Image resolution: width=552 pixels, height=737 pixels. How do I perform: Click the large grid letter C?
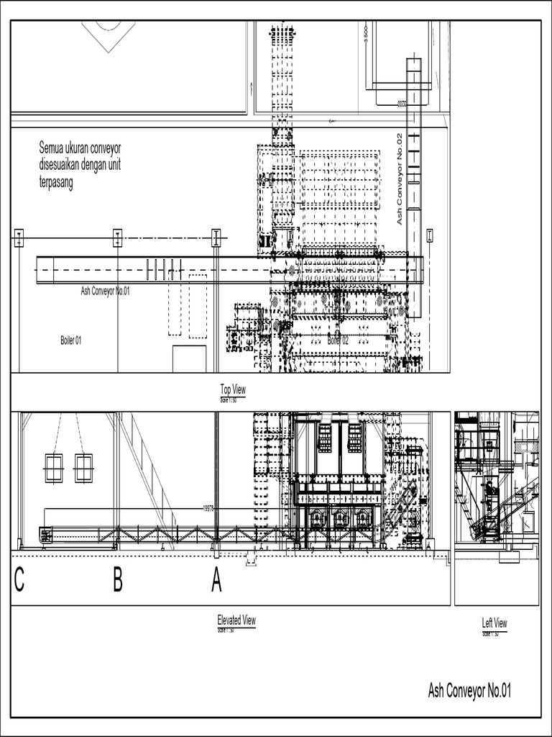click(19, 580)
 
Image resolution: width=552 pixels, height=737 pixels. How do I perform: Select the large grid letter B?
click(118, 580)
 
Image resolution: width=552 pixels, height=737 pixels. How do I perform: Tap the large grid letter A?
click(216, 580)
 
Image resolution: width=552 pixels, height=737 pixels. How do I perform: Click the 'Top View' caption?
click(233, 389)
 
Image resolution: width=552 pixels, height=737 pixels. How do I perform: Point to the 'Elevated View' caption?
click(236, 620)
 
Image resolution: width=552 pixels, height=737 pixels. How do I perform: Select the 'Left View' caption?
click(494, 623)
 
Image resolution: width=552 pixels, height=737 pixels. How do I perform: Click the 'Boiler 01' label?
click(71, 340)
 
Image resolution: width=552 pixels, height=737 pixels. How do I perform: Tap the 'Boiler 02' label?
click(338, 340)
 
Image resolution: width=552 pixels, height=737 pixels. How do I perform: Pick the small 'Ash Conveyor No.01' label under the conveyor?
click(105, 291)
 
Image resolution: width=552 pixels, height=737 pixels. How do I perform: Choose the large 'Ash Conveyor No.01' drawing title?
click(469, 692)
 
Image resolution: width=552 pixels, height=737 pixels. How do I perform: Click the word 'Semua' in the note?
click(51, 148)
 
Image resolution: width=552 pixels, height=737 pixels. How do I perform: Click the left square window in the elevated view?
click(53, 468)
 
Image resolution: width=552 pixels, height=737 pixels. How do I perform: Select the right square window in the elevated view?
click(84, 468)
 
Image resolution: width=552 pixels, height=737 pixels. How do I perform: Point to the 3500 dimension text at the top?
click(366, 35)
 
